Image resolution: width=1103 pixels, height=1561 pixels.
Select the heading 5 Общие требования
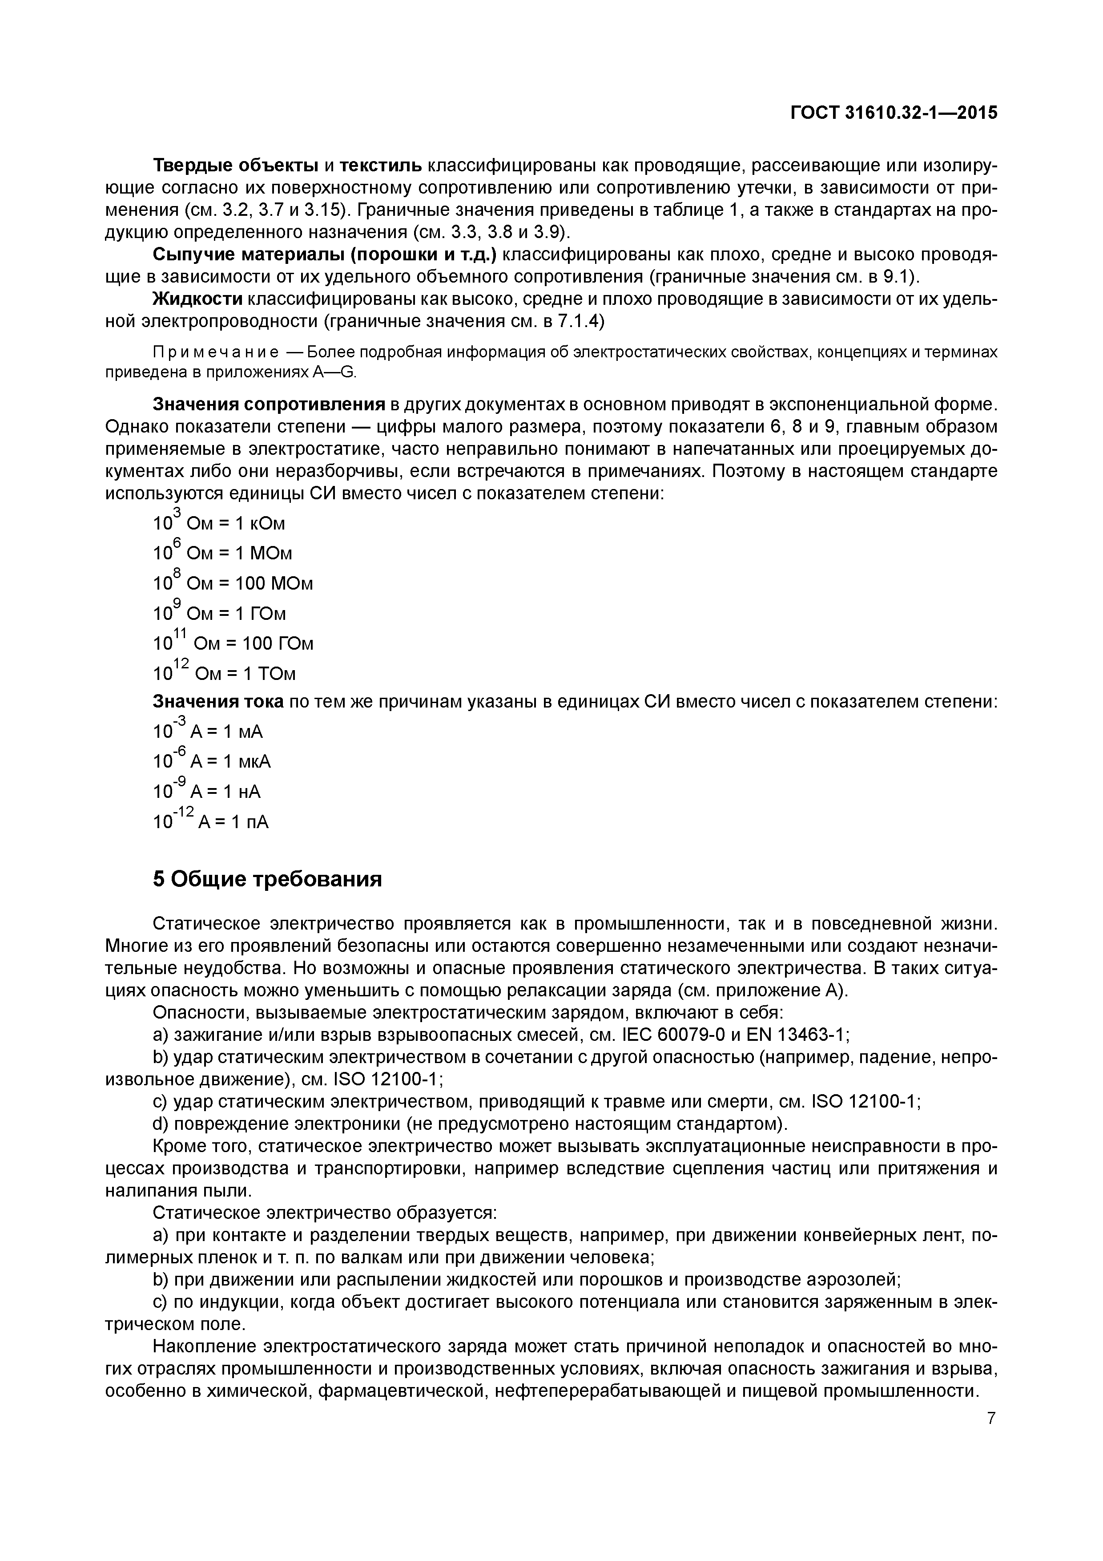pos(267,879)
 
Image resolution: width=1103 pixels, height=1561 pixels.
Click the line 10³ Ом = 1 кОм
pos(219,523)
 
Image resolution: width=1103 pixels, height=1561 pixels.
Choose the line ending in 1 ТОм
pos(224,673)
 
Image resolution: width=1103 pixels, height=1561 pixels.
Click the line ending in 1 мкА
pos(212,761)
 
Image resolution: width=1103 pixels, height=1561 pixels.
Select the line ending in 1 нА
pos(207,791)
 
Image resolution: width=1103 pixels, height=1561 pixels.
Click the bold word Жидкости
pos(198,299)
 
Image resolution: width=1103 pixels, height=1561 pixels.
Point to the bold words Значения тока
pos(219,702)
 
